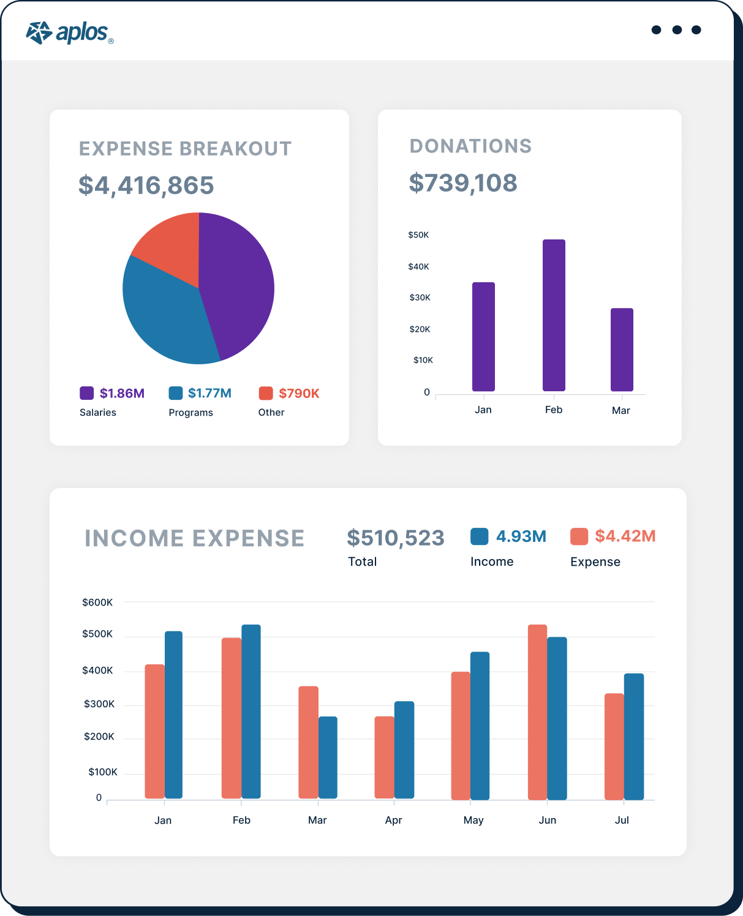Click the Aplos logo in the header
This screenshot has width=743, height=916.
[69, 33]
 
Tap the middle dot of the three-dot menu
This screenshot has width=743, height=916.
[676, 30]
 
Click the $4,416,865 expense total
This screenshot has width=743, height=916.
[146, 186]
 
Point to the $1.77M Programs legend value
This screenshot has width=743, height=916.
[209, 393]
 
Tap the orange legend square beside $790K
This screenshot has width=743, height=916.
[266, 393]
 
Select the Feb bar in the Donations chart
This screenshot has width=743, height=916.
[554, 315]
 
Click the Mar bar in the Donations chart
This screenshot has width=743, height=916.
[622, 350]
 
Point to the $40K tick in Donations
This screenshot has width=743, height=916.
[419, 266]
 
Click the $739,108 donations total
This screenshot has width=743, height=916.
[463, 183]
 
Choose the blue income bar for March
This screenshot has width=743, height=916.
[328, 757]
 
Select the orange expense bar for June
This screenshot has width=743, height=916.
[537, 712]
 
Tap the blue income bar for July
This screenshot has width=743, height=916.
[634, 737]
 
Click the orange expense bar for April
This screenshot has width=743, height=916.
[384, 757]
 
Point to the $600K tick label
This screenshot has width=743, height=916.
[97, 603]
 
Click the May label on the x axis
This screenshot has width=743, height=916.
[473, 820]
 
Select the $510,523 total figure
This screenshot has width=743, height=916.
[395, 538]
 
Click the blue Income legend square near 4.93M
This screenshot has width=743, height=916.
[479, 536]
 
